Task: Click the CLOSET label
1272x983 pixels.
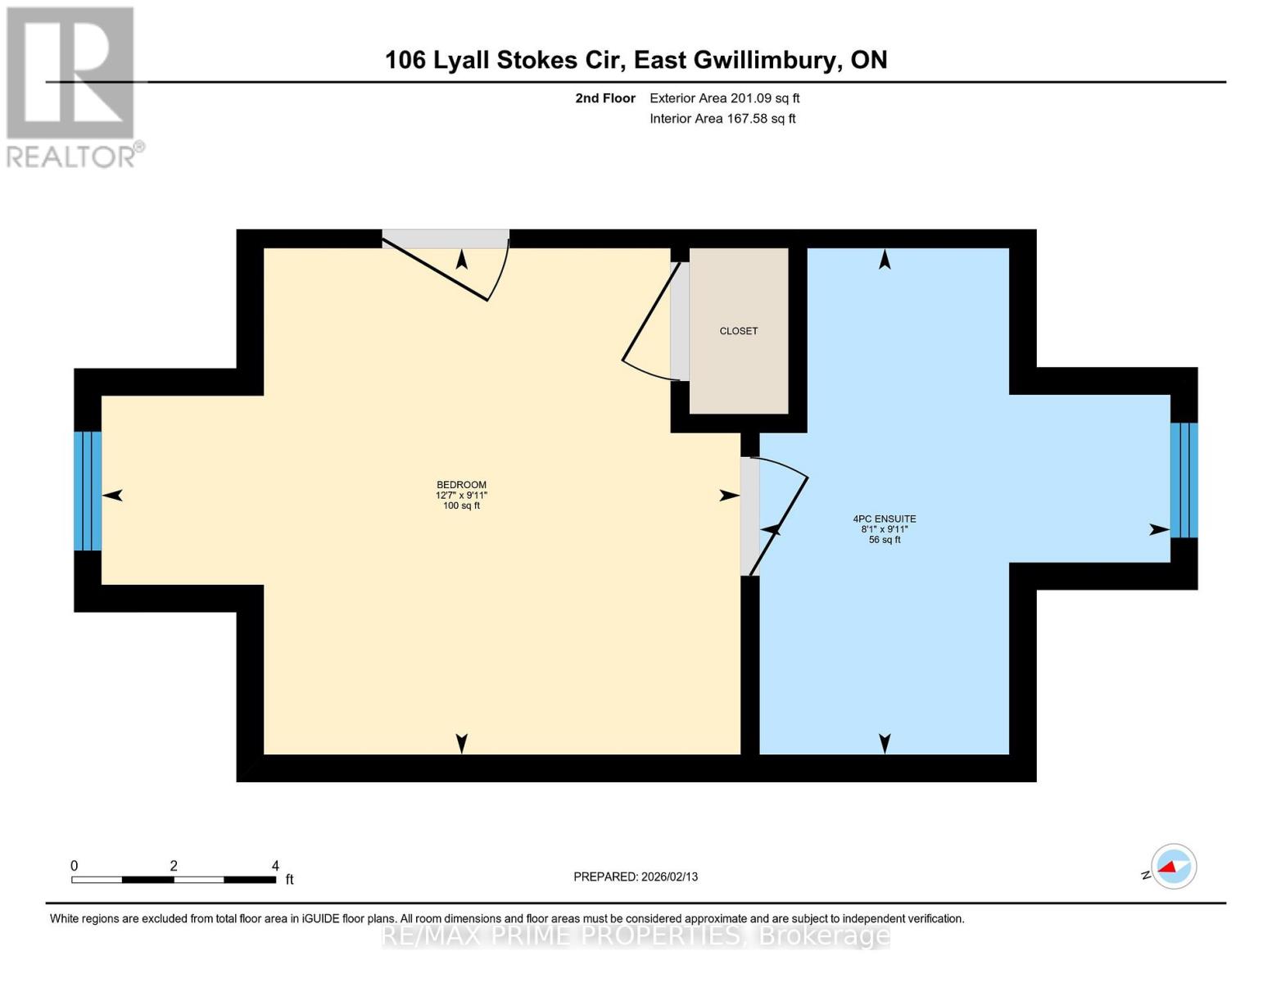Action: coord(738,331)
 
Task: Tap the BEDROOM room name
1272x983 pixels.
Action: coord(461,484)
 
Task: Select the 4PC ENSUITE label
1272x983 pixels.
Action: coord(884,519)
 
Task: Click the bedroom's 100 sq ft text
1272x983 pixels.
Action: coord(461,505)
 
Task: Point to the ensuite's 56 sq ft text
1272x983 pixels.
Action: coord(884,540)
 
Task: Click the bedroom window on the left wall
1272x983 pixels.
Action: coord(88,491)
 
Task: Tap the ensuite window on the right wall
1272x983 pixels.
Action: coord(1184,480)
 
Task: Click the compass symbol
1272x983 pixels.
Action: coord(1173,866)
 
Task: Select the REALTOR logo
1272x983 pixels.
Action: coord(71,86)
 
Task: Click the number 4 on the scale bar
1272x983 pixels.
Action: coord(275,865)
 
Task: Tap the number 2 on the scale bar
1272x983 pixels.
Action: coord(174,865)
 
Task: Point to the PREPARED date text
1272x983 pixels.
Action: coord(636,877)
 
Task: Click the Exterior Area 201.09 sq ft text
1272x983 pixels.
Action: coord(724,98)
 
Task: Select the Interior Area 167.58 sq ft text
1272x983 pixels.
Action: coord(722,119)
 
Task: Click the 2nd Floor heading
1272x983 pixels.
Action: coord(605,98)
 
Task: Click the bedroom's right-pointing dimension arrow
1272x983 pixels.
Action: coord(729,496)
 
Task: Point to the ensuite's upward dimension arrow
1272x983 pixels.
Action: coord(885,260)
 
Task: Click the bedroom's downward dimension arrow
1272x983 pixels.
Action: coord(462,743)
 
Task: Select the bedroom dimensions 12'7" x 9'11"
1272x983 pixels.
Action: coord(461,495)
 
